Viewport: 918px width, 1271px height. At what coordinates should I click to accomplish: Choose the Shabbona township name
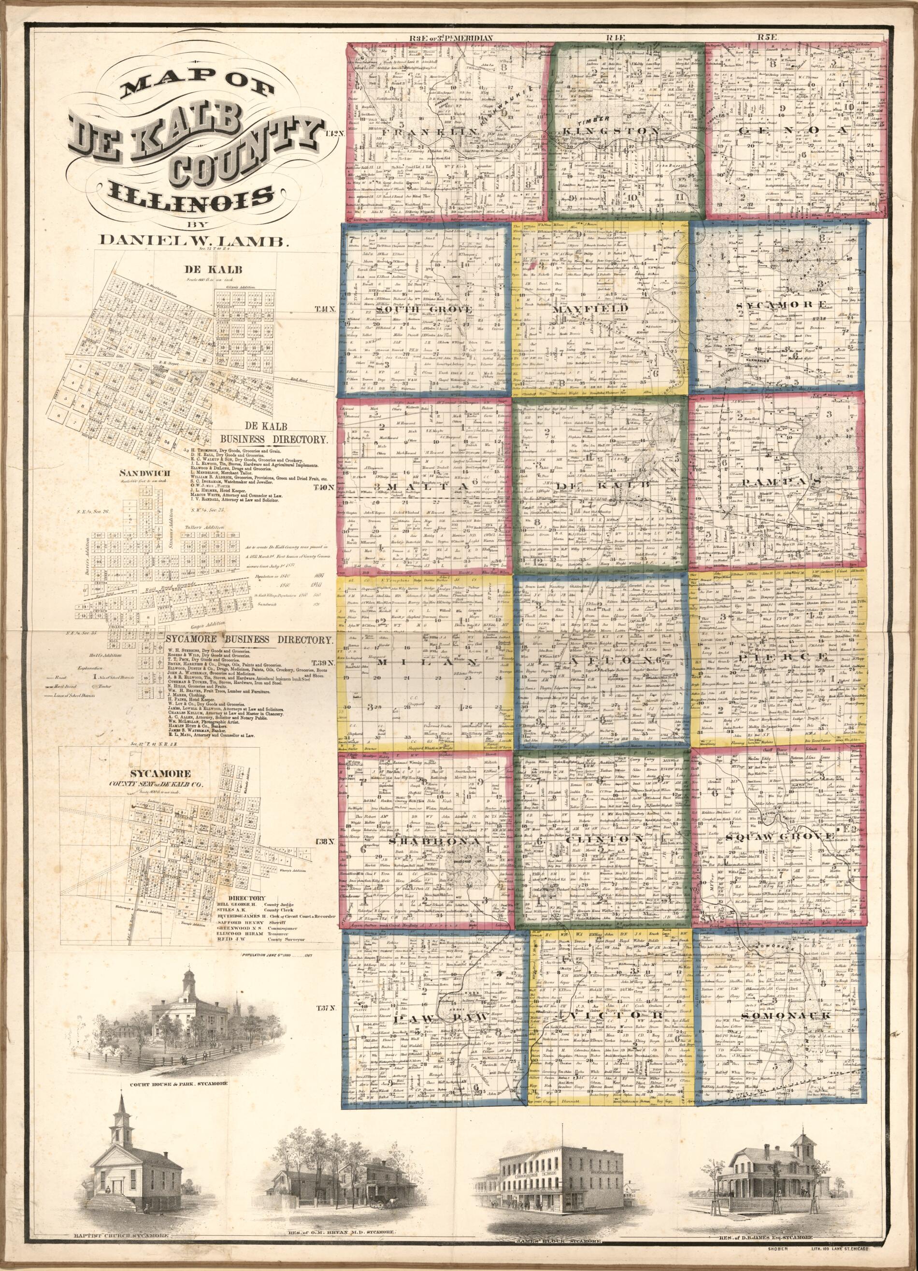[x=416, y=842]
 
